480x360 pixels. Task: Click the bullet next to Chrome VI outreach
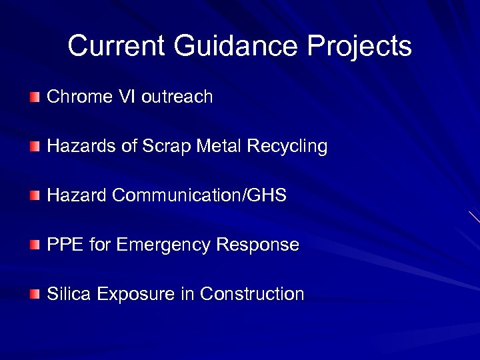(x=35, y=98)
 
